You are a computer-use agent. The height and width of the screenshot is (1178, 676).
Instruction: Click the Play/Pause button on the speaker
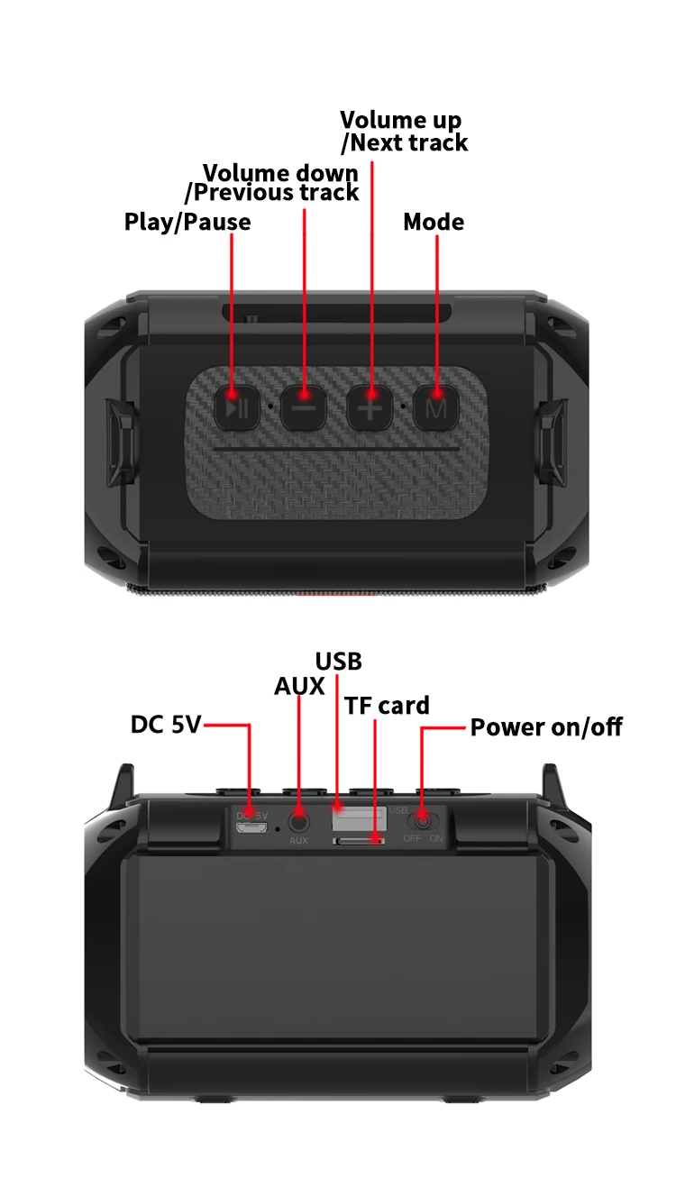(237, 406)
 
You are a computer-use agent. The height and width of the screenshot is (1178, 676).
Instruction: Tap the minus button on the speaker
(305, 406)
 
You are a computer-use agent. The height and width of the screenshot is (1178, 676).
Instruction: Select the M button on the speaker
(436, 406)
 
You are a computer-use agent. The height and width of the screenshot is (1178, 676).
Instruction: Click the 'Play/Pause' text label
(187, 222)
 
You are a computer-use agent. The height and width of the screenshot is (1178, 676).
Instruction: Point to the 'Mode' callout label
(434, 222)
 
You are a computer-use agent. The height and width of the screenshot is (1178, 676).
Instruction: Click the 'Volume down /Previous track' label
(272, 182)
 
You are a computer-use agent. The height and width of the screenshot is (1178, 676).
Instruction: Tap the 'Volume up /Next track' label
(403, 132)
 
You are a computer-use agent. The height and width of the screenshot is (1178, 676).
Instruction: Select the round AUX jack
(299, 821)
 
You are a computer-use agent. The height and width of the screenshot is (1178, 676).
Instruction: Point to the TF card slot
(359, 841)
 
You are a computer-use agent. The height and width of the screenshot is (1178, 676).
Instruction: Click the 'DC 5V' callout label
(166, 724)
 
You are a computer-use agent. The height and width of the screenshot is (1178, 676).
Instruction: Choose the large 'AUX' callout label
(299, 687)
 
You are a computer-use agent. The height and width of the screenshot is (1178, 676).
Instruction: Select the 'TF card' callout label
(388, 706)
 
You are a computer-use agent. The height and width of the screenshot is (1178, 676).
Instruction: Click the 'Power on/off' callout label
(546, 726)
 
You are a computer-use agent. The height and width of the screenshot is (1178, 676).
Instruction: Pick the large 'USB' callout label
(339, 662)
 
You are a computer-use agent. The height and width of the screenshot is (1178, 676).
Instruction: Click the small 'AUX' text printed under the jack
(299, 841)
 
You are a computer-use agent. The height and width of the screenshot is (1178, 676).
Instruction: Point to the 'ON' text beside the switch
(437, 839)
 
